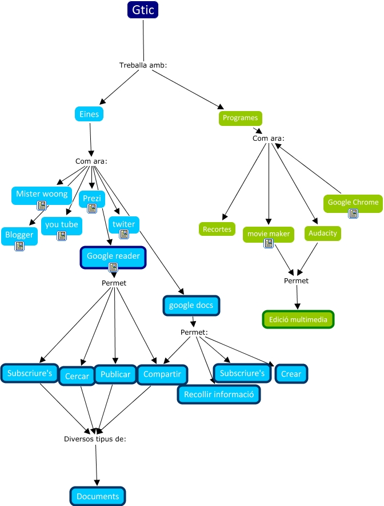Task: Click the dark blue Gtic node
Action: (x=142, y=10)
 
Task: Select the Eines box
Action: (x=89, y=114)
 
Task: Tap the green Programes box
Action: (x=240, y=118)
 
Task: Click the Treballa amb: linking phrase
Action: (x=143, y=65)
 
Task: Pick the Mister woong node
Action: (x=41, y=194)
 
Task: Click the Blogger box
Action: (x=19, y=235)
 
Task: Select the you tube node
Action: (x=62, y=224)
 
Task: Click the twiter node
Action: (x=123, y=224)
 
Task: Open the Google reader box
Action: (x=113, y=256)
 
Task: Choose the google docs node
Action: (x=191, y=305)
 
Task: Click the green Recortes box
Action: (x=217, y=229)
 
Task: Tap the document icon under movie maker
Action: (x=269, y=244)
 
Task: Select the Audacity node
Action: (x=323, y=233)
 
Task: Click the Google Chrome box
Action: (x=353, y=202)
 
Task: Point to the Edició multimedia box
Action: (x=298, y=319)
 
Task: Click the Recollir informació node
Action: (x=219, y=394)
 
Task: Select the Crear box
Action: (x=291, y=374)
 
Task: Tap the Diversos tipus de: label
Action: (x=95, y=439)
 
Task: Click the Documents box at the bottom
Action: (x=98, y=496)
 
